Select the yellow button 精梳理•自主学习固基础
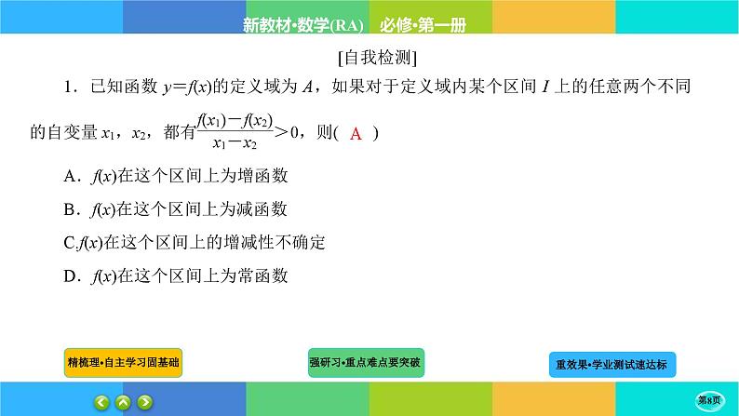click(x=124, y=362)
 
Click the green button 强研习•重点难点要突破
click(x=366, y=361)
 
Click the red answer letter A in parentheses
click(x=356, y=134)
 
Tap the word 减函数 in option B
click(x=264, y=208)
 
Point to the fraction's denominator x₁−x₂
click(x=237, y=144)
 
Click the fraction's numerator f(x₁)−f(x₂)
click(x=237, y=121)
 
